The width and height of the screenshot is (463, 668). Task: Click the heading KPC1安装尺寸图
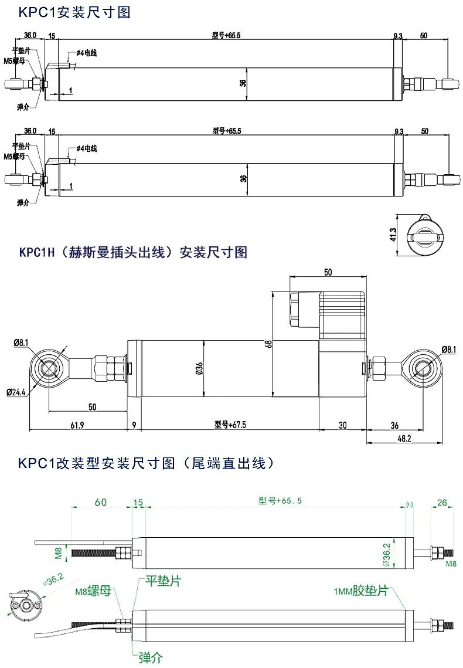coord(74,12)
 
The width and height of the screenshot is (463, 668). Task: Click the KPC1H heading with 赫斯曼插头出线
coord(134,252)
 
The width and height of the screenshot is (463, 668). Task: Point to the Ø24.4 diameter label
coord(16,392)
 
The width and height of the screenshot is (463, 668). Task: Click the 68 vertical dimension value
coord(268,344)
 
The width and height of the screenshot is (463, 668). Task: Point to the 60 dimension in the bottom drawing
coord(100,502)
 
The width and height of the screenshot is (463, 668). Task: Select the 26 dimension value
coord(442,502)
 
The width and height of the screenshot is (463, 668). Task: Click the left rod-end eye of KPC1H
coord(49,368)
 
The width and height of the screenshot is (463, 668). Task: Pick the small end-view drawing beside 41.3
coord(424,234)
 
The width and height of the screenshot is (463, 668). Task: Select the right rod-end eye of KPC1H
coord(423,369)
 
